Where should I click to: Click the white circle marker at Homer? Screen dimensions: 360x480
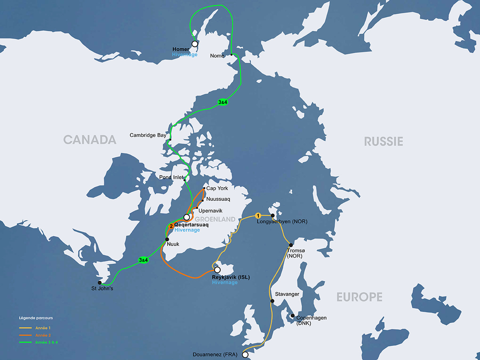click(195, 44)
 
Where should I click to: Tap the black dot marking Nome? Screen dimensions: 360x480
click(232, 55)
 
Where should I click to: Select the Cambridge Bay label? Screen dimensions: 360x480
click(148, 136)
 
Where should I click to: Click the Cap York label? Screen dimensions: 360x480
click(217, 188)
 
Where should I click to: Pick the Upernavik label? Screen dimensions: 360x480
click(210, 210)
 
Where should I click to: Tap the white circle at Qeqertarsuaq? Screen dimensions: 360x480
click(186, 217)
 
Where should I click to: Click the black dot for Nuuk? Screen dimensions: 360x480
click(167, 239)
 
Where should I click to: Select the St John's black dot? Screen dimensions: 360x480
click(100, 282)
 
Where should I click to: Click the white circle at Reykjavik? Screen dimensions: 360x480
click(217, 270)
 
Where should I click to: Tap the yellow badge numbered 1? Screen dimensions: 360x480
click(258, 216)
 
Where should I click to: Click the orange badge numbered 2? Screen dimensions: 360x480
click(171, 226)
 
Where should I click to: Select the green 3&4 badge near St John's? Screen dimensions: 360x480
click(143, 260)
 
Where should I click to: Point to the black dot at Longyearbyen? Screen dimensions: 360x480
click(273, 216)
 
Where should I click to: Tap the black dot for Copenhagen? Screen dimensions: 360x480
click(292, 315)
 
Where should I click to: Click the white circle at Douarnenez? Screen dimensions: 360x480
click(245, 354)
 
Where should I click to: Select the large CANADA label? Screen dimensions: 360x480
click(90, 140)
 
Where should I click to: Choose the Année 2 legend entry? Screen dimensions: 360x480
click(43, 335)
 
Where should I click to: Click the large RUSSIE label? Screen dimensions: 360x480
click(383, 141)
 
